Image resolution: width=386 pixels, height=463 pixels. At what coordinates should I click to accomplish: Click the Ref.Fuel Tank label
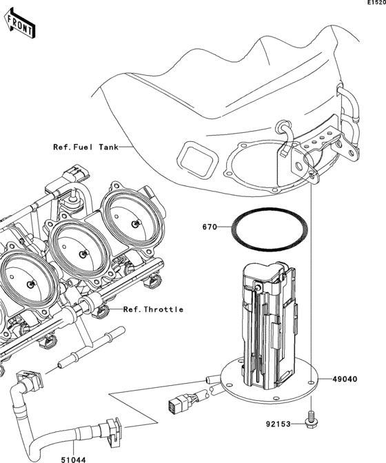click(x=85, y=147)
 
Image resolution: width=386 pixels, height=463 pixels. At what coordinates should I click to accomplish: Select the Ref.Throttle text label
click(x=153, y=309)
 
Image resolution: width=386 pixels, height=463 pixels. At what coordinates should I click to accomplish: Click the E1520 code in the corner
click(x=375, y=3)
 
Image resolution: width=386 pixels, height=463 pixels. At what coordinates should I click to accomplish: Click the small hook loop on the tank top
click(x=283, y=127)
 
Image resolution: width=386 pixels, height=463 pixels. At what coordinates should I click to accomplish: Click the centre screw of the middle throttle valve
click(x=83, y=254)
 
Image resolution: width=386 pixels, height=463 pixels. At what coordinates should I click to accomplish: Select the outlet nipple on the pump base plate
click(x=210, y=378)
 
